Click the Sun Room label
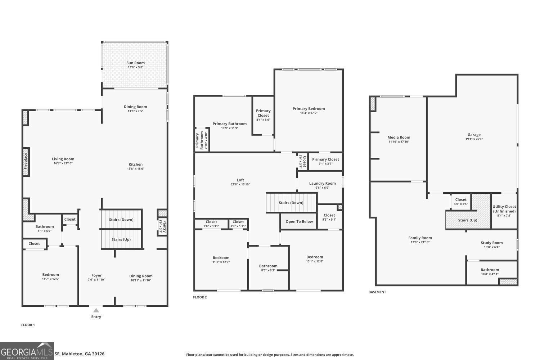tap(135, 63)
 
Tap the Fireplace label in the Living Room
tap(26, 161)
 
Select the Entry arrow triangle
tap(96, 310)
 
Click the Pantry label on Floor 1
tap(165, 227)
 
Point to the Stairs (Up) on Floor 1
tap(121, 239)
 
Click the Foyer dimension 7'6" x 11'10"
tap(96, 280)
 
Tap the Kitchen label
tap(136, 165)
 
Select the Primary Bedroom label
tap(309, 109)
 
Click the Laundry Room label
tap(322, 183)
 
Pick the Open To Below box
tap(299, 221)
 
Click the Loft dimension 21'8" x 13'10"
tap(240, 184)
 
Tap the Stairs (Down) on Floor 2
tap(291, 203)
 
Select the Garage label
tap(474, 135)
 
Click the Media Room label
tap(399, 137)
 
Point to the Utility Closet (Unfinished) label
tap(504, 209)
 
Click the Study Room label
tap(492, 243)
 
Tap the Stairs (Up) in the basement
tap(468, 220)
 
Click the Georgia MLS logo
tap(27, 351)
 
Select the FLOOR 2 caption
tap(200, 297)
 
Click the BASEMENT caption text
tap(377, 292)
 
